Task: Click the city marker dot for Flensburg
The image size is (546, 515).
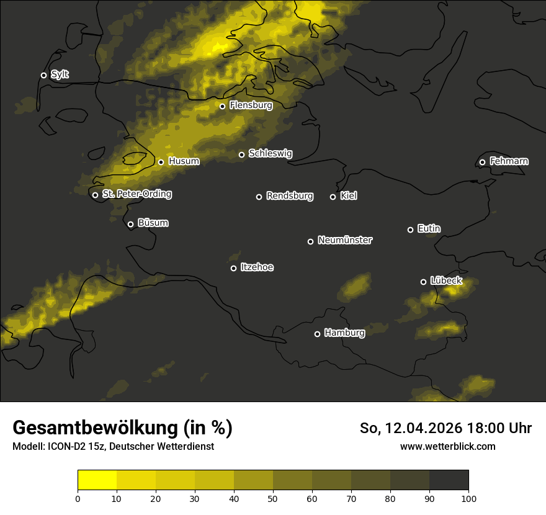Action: [222, 106]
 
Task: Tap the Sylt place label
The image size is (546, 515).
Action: [60, 74]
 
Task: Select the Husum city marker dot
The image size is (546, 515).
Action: [161, 162]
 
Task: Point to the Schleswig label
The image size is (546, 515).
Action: [270, 153]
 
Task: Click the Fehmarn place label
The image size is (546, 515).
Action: [509, 161]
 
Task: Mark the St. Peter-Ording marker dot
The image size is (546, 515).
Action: [95, 195]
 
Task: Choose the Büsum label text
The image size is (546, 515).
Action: [153, 223]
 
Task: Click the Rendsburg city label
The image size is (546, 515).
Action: [290, 196]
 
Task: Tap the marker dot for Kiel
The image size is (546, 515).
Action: [333, 197]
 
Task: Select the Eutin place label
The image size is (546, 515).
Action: [429, 228]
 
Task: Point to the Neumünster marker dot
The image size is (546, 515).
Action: [310, 241]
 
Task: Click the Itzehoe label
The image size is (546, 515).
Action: [257, 267]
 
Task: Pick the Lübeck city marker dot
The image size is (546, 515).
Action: [423, 282]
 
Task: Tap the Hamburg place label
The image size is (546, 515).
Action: [344, 333]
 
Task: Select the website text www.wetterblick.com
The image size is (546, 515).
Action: [447, 446]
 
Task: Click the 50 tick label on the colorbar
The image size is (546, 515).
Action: [273, 498]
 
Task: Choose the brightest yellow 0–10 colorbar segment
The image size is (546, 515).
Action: [97, 480]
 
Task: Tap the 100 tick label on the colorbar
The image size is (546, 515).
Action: [468, 498]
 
